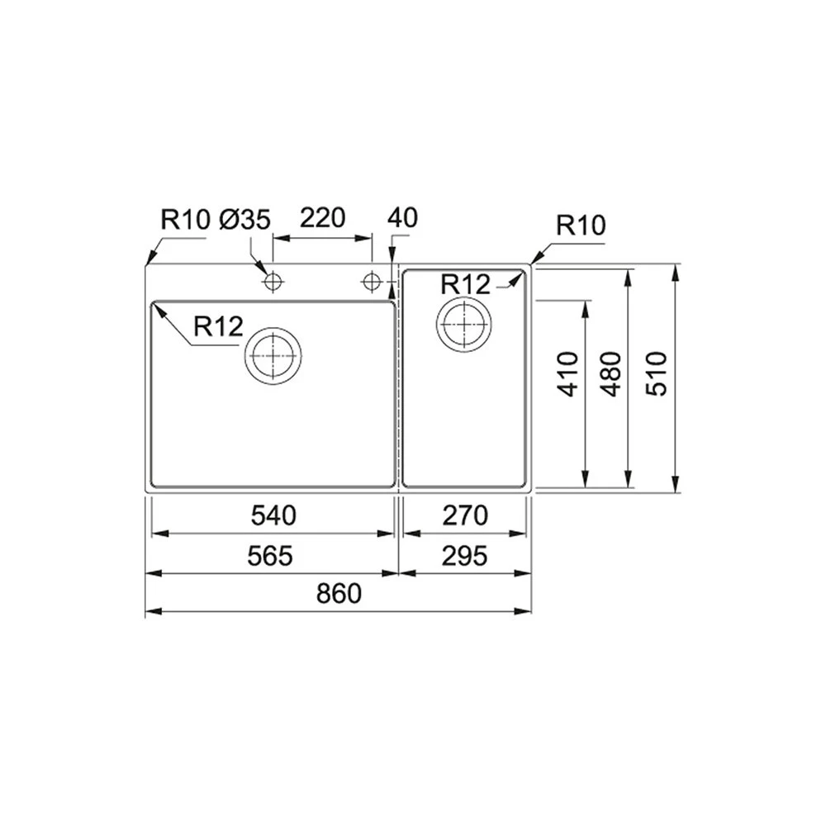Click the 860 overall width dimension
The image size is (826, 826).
click(x=339, y=594)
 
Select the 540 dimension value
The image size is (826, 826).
click(x=273, y=516)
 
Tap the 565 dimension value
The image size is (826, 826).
click(x=270, y=556)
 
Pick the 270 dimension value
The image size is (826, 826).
click(x=464, y=516)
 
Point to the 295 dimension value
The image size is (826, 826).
click(x=464, y=556)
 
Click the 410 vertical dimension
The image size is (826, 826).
click(x=569, y=374)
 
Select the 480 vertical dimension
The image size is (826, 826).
click(x=611, y=374)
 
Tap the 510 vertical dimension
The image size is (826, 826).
click(x=656, y=374)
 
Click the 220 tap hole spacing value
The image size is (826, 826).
click(x=321, y=219)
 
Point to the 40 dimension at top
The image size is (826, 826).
click(x=402, y=218)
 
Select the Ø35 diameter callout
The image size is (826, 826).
click(x=245, y=220)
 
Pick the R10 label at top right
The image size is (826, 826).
click(x=581, y=225)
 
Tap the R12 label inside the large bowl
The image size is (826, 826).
click(x=218, y=327)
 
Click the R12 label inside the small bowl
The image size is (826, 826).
click(x=465, y=285)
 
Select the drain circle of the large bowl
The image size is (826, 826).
click(x=273, y=355)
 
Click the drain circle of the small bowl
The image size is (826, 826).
click(x=463, y=324)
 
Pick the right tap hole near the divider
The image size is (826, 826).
click(x=372, y=282)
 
